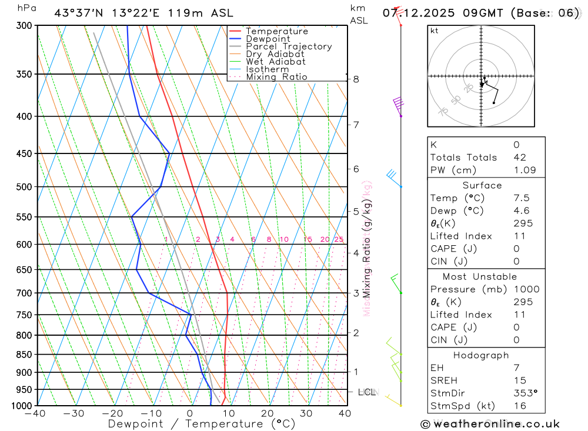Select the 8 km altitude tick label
356,79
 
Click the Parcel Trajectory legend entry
289,46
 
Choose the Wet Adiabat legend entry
275,62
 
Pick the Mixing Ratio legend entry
276,77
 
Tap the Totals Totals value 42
520,158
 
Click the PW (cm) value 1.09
524,171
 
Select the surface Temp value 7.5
522,198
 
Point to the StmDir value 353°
524,393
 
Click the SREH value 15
520,380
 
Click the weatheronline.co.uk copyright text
490,424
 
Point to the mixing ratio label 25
339,239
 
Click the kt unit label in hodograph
435,31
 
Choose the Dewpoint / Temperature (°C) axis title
202,424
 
